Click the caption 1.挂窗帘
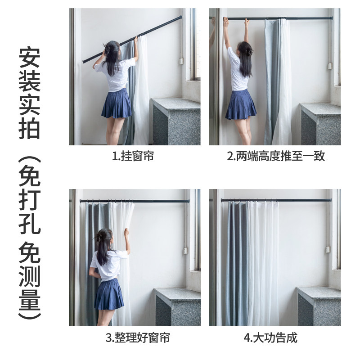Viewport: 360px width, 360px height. (x=133, y=157)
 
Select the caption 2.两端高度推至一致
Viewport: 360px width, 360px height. (x=275, y=157)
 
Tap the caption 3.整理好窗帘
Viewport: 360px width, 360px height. (x=138, y=337)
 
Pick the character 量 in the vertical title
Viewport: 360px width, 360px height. (x=30, y=297)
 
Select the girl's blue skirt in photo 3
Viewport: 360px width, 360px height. (x=109, y=295)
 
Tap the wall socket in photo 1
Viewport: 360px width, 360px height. (x=181, y=61)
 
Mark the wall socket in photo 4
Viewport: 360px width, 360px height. (x=328, y=249)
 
